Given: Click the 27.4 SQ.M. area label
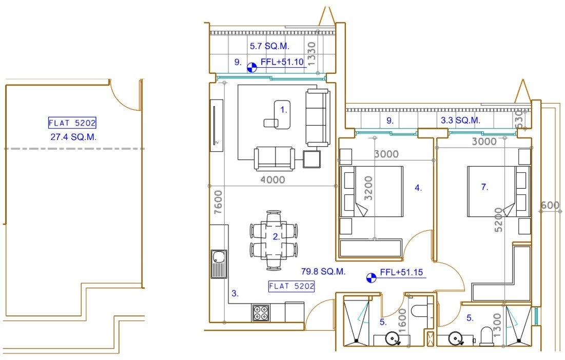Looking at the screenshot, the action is (73, 137).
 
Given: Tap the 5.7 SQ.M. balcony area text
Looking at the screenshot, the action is (269, 46).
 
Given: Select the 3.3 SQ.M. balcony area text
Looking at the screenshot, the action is (460, 120).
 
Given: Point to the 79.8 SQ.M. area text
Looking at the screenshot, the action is (323, 271).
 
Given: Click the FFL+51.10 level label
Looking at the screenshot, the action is (282, 62).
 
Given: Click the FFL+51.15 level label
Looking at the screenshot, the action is (401, 272).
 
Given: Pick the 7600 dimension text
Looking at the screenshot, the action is (219, 203).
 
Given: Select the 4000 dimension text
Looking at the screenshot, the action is (272, 179).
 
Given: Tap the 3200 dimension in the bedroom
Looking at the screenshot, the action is (368, 188).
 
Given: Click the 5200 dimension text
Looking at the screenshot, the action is (499, 219).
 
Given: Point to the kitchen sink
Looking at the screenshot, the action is (219, 264).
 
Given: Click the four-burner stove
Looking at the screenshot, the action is (261, 312).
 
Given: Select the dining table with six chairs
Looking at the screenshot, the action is (274, 240).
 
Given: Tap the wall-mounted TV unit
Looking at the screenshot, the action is (217, 125).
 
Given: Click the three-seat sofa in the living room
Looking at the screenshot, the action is (318, 118).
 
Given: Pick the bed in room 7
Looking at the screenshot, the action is (499, 191).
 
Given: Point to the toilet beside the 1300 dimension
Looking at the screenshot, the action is (486, 336).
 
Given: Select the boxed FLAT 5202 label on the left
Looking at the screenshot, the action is (72, 123).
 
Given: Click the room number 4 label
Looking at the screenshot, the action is (418, 188).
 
